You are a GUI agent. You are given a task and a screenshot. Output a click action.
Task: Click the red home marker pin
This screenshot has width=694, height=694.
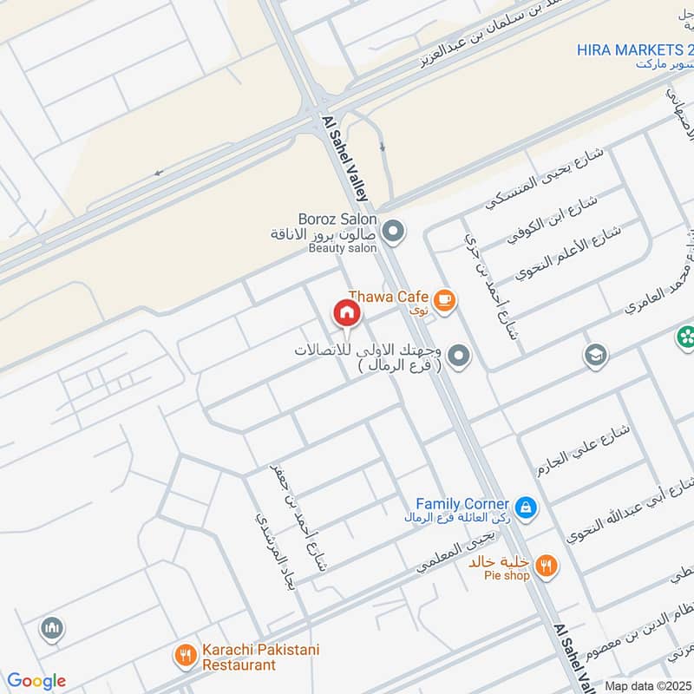pyautogui.click(x=346, y=312)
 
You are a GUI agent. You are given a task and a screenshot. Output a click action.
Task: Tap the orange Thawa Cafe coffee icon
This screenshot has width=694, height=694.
pyautogui.click(x=445, y=299)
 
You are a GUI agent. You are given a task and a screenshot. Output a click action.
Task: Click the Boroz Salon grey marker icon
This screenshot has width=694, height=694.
pyautogui.click(x=394, y=232)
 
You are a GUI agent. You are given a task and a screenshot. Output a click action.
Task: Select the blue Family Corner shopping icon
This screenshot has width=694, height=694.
pyautogui.click(x=524, y=506)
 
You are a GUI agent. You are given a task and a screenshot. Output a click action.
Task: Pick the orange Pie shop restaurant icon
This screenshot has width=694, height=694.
pyautogui.click(x=546, y=566)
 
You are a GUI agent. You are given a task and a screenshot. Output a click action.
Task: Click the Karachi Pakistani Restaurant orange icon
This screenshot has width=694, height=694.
pyautogui.click(x=186, y=655)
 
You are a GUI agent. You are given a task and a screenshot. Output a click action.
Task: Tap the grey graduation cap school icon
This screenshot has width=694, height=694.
pyautogui.click(x=595, y=356)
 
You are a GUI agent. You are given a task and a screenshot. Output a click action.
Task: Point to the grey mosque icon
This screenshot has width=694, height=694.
pyautogui.click(x=52, y=628)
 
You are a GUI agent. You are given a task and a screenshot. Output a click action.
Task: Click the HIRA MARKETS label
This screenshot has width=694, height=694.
pyautogui.click(x=634, y=50)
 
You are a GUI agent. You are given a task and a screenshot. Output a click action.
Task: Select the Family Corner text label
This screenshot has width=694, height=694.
pyautogui.click(x=462, y=504)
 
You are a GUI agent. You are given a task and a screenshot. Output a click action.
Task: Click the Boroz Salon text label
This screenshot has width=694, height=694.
pyautogui.click(x=337, y=219)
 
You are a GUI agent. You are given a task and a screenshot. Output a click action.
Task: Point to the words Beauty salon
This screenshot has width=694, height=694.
pyautogui.click(x=343, y=248)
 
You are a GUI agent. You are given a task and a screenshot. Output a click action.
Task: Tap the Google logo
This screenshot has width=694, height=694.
pyautogui.click(x=36, y=681)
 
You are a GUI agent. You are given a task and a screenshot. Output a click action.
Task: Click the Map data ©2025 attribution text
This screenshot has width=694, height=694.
pyautogui.click(x=648, y=686)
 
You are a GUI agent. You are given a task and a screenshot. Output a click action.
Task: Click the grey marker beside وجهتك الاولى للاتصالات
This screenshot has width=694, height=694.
pyautogui.click(x=460, y=356)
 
